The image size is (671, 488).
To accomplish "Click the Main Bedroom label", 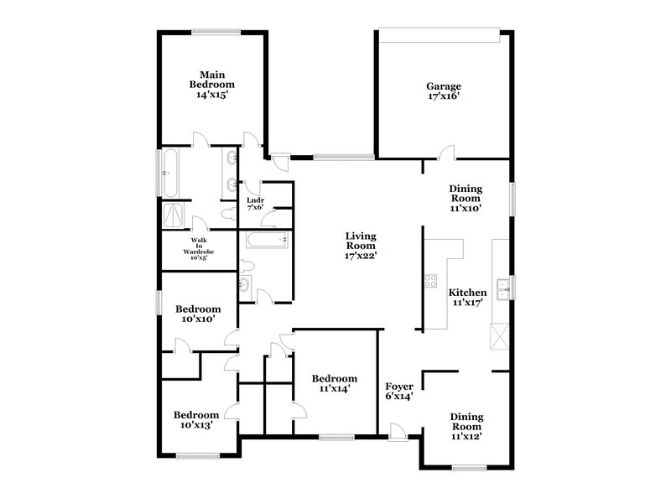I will pyautogui.click(x=212, y=85).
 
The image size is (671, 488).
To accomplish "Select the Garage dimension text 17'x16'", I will pyautogui.click(x=444, y=96).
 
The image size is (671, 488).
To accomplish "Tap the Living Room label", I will pyautogui.click(x=361, y=246).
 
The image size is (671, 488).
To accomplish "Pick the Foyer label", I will pyautogui.click(x=399, y=392).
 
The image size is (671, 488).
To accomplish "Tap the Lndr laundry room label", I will pyautogui.click(x=254, y=203).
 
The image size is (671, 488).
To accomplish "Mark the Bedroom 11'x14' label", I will pyautogui.click(x=333, y=383).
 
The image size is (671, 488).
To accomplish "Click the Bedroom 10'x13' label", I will pyautogui.click(x=196, y=419).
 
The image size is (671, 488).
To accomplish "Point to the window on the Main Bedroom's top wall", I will pyautogui.click(x=213, y=32).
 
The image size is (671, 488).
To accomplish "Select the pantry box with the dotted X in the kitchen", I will pyautogui.click(x=501, y=338).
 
